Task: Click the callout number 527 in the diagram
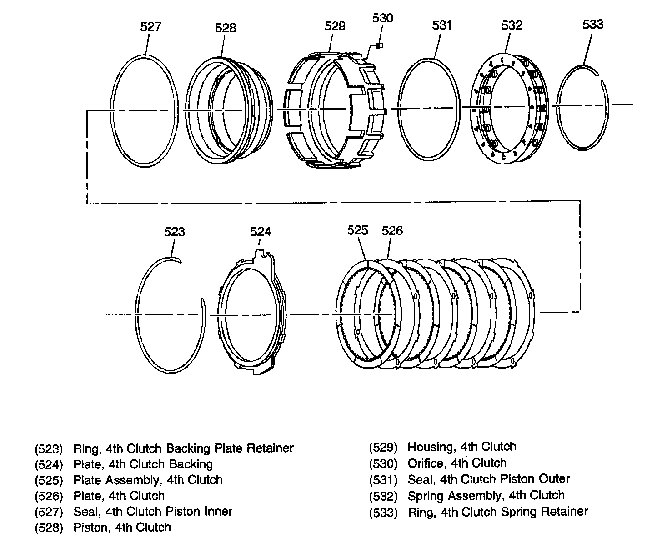(150, 27)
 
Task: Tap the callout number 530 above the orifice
(383, 18)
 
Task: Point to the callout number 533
(593, 24)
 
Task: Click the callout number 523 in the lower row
(175, 232)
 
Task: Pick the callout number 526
(392, 231)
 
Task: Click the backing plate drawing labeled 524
(253, 314)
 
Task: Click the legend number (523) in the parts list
(48, 449)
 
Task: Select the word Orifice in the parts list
(425, 463)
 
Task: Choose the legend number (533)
(383, 513)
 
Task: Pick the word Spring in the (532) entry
(425, 496)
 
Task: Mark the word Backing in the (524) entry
(191, 464)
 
